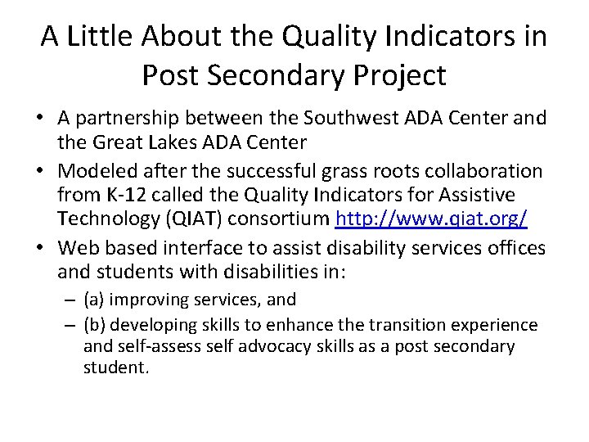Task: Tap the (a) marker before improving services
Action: click(96, 300)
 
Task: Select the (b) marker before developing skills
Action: click(97, 324)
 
